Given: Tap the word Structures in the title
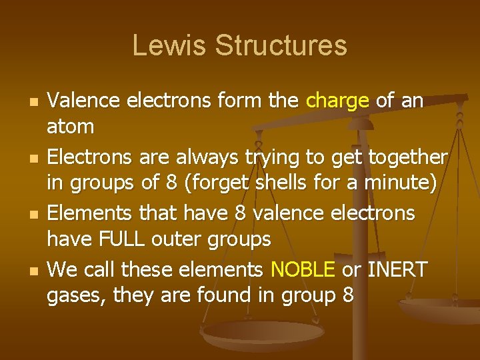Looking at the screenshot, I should tap(281, 45).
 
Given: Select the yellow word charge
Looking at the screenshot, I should tap(337, 101).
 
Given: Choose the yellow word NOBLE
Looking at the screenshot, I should tap(303, 270).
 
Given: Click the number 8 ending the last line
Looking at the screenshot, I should tap(347, 294).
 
